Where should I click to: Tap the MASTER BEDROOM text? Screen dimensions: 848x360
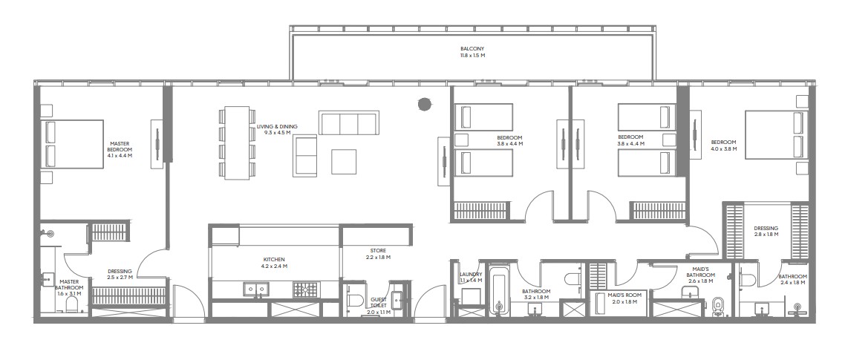point(120,146)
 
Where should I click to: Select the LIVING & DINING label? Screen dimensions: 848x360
point(277,126)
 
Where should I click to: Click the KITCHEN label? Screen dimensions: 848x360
point(274,260)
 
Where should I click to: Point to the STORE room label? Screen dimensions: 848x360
point(378,251)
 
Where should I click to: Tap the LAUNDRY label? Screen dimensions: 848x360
point(471,275)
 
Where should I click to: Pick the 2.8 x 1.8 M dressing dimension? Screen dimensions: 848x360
point(766,235)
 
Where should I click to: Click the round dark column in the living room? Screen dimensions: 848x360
point(425,103)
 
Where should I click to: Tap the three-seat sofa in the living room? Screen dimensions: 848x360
point(349,122)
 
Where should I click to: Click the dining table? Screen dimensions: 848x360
point(236,143)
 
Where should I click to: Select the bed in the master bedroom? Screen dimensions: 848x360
point(74,144)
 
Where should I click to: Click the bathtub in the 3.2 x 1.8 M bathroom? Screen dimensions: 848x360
point(498,289)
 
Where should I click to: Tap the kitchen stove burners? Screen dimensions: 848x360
point(306,289)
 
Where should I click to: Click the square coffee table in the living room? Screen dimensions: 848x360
point(344,162)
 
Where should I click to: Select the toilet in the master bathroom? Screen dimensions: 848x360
point(72,304)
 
